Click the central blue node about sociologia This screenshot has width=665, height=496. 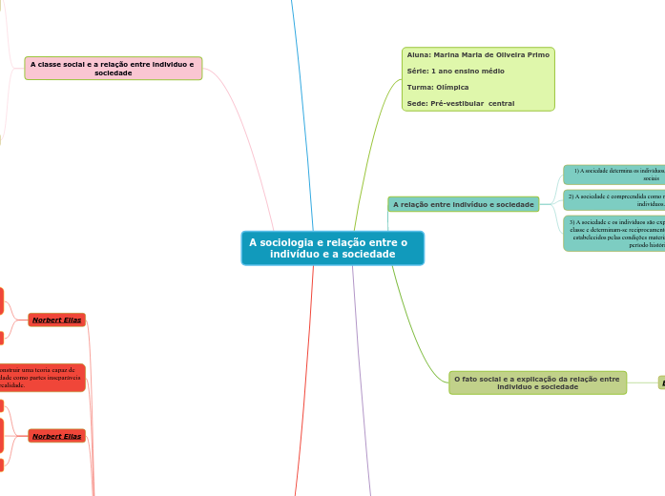coord(332,248)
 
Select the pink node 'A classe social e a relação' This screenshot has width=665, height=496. coord(113,68)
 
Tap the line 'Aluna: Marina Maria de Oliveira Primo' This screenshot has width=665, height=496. coord(478,55)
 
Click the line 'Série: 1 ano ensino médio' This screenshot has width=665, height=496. coord(455,71)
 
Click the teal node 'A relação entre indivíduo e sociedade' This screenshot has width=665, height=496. coord(464,204)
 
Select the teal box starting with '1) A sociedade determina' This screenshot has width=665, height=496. coord(615,175)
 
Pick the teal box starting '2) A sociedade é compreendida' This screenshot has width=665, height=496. coord(615,199)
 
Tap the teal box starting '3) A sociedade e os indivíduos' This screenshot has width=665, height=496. coord(615,233)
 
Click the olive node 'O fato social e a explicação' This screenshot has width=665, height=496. coord(537,382)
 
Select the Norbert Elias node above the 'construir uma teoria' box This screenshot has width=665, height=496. coord(57,320)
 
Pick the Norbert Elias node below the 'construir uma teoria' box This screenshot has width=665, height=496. coord(57,436)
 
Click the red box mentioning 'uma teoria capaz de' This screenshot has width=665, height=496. coord(42,378)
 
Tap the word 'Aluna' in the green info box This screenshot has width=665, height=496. coord(418,55)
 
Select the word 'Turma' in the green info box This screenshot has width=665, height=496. coord(418,87)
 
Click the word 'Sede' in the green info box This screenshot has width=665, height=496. coord(416,103)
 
